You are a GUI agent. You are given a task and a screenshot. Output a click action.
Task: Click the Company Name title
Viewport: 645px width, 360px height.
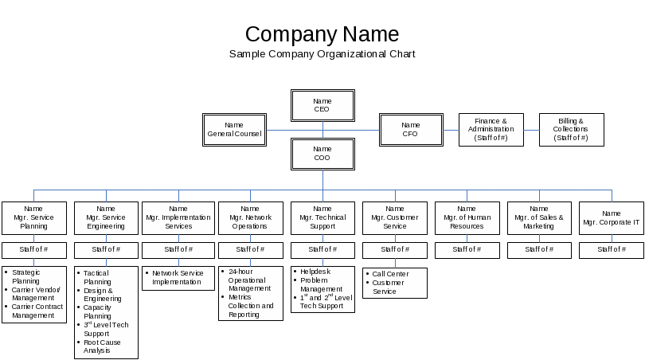(322, 34)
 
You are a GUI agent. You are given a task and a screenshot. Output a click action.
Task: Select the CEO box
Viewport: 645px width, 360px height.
(322, 105)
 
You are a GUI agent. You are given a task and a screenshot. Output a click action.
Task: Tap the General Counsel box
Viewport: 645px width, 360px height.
(234, 129)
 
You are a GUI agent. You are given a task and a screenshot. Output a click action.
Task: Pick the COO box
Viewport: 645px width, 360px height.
(322, 153)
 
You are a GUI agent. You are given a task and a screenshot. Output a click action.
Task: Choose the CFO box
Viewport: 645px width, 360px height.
(410, 129)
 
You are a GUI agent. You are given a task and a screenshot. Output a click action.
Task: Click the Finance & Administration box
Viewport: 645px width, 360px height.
(491, 129)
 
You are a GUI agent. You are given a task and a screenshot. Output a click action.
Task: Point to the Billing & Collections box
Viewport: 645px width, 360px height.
(571, 129)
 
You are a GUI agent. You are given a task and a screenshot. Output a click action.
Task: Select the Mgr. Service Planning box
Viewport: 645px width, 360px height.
(33, 217)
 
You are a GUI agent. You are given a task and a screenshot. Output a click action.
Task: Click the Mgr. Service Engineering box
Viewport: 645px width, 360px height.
(106, 217)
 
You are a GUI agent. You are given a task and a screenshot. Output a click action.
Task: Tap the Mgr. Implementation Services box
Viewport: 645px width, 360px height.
(178, 217)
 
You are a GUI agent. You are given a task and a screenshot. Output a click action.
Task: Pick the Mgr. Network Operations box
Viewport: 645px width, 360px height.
(251, 217)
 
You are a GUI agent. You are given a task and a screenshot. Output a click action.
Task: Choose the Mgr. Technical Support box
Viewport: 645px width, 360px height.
(322, 217)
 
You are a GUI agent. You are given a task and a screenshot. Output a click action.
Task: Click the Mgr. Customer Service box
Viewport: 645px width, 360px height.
(395, 217)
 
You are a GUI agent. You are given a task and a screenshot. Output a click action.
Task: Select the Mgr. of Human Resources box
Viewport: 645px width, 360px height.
(467, 217)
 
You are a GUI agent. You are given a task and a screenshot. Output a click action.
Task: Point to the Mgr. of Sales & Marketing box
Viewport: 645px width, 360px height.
(539, 217)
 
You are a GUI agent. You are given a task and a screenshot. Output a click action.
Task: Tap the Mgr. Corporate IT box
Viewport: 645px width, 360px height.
(612, 217)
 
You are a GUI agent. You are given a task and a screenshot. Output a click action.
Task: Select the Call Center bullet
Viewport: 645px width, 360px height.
(390, 274)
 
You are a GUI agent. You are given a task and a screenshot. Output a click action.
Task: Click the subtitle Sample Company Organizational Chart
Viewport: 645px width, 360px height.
(322, 54)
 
